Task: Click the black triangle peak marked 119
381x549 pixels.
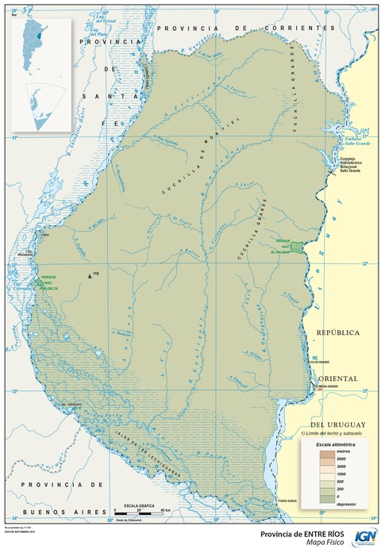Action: coord(90,276)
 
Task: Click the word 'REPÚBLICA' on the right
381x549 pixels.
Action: coord(339,332)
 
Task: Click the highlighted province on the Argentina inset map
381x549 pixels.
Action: coord(40,36)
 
